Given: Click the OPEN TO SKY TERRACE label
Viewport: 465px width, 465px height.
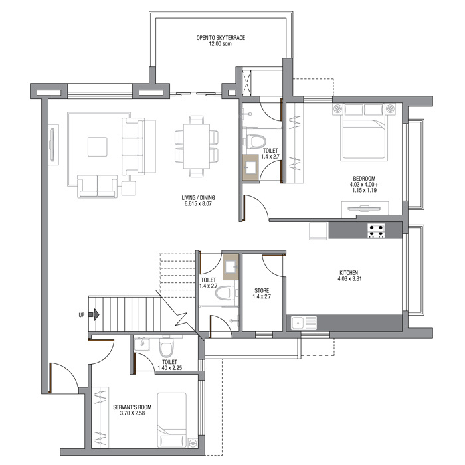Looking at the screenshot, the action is point(221,38).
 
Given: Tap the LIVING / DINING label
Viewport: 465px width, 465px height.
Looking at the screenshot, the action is point(198,197).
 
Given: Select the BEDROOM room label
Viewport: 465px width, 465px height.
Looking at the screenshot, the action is point(364,179).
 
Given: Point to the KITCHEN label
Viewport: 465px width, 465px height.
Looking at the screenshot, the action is point(349,272).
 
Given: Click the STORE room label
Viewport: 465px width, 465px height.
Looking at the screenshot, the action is point(262,290).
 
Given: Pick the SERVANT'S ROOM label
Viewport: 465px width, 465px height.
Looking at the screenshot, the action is point(132,407).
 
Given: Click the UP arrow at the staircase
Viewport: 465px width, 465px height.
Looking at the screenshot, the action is point(94,314).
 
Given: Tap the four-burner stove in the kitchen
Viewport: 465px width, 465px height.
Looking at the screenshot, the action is point(376,231).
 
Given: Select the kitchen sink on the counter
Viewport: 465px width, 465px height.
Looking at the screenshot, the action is point(304,323).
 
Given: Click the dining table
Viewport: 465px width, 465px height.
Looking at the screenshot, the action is point(197,146).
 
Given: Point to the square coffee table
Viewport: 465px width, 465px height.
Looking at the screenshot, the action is point(97,147).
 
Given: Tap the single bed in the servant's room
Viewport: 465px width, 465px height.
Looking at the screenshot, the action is point(171,420).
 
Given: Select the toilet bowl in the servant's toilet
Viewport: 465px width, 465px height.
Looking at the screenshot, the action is point(166,346).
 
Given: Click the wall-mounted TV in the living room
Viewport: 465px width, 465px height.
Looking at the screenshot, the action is point(52,145).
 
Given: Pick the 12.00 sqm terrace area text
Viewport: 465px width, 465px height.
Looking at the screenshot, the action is point(220,44).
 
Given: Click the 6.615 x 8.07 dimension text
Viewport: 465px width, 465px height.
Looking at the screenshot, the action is point(198,204).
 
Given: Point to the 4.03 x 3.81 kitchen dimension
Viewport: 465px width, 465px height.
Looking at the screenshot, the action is point(349,279).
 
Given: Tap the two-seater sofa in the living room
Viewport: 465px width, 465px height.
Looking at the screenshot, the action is point(97,186).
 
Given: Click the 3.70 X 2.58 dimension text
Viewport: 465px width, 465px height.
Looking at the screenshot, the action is point(132,413).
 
